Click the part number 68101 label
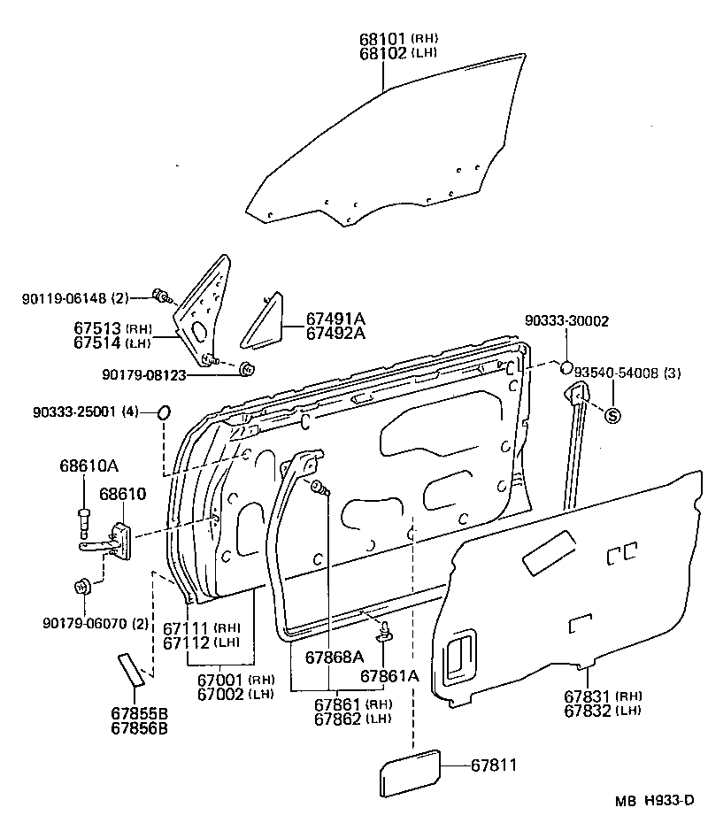tap(382, 39)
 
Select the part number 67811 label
tap(493, 765)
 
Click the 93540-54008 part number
tap(618, 373)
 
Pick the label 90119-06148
tap(64, 297)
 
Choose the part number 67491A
tap(336, 319)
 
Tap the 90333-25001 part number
tap(74, 412)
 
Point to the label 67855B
tap(140, 715)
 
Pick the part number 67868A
tap(335, 657)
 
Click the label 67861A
tap(389, 675)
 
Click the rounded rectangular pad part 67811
tap(410, 773)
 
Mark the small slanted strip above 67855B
tap(130, 668)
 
